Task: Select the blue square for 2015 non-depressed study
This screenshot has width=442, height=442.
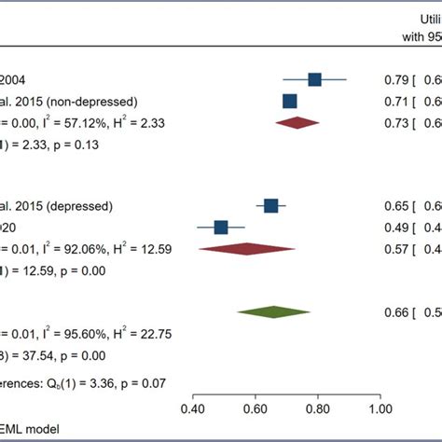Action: [x=290, y=101]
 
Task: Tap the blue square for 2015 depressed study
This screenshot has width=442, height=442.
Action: [x=270, y=205]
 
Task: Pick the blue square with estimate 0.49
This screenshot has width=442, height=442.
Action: [x=220, y=227]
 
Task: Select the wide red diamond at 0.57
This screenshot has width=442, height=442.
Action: [x=247, y=248]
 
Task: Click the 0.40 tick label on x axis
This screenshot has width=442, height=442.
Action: [x=192, y=407]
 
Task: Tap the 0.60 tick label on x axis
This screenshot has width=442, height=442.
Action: [x=255, y=407]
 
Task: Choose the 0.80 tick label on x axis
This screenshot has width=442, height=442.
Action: [x=317, y=407]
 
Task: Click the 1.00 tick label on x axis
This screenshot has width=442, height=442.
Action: [x=380, y=407]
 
